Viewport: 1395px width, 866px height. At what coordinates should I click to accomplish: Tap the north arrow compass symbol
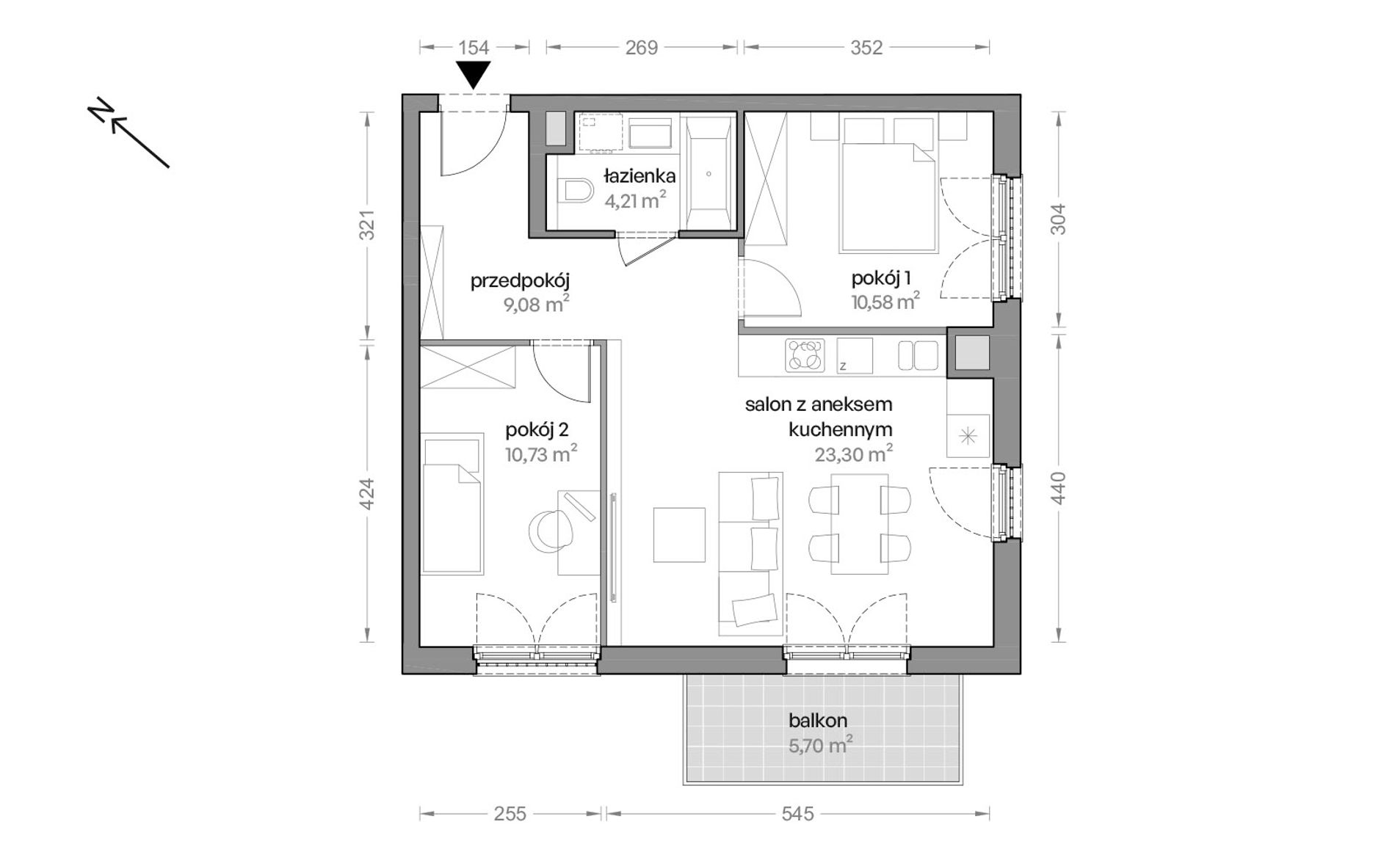[128, 134]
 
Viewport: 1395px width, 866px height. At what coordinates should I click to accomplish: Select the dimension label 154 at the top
[474, 48]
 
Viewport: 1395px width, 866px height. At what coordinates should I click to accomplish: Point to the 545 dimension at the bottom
[797, 813]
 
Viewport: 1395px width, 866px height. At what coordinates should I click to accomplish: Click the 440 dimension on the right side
[1057, 487]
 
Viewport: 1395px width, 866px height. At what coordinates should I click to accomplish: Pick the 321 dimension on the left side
[368, 225]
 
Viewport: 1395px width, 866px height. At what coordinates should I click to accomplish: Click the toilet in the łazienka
[575, 193]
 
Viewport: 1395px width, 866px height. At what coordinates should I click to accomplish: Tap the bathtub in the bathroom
[709, 174]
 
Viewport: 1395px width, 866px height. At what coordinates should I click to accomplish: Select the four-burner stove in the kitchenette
[805, 356]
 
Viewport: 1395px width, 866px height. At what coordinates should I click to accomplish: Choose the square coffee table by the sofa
[679, 534]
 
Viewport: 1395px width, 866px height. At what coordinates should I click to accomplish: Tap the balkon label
[818, 721]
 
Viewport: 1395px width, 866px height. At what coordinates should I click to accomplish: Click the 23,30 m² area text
[853, 454]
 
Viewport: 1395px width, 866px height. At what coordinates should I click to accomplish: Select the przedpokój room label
[520, 281]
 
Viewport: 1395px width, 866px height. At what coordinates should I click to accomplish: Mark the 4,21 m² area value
[635, 200]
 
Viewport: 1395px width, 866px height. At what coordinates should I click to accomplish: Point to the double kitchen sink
[918, 356]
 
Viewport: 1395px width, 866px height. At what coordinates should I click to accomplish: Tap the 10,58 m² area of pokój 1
[885, 302]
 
